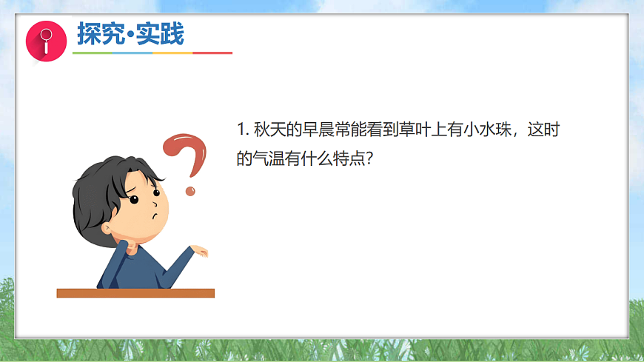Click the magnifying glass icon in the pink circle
click(x=45, y=38)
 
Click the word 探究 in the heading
click(x=99, y=34)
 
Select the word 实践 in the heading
click(x=163, y=34)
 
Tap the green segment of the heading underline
click(x=92, y=53)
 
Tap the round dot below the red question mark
click(x=190, y=191)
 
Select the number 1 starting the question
click(x=241, y=130)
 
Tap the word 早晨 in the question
click(x=318, y=130)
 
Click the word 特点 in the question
click(x=350, y=158)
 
